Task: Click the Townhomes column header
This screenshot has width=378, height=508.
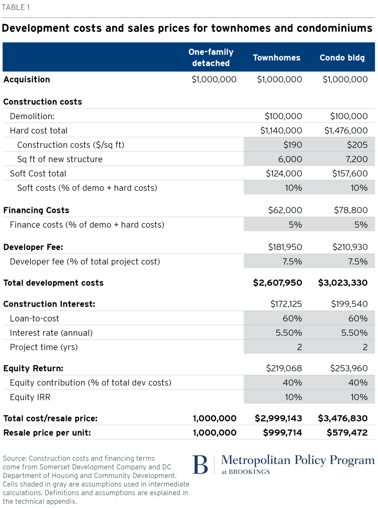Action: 277,57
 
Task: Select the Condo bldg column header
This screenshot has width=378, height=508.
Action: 342,57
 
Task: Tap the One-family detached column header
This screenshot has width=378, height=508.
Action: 211,57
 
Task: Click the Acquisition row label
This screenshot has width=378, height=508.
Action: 27,80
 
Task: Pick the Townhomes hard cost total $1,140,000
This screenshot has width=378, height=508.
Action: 281,131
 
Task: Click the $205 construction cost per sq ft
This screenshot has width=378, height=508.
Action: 357,145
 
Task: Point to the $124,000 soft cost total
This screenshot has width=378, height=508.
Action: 284,173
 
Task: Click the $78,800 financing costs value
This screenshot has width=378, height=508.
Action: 351,210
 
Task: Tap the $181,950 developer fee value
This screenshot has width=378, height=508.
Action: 285,247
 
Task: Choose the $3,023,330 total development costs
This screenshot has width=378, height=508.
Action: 343,283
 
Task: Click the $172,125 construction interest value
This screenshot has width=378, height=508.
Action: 286,304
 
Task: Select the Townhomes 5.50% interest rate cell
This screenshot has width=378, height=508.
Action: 289,333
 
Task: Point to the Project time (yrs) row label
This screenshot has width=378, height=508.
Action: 44,347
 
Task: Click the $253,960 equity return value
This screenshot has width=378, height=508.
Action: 349,368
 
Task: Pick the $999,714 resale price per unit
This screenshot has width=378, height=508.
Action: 283,433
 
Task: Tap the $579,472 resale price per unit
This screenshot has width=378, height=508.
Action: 347,433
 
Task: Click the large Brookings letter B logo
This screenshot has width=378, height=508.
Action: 200,465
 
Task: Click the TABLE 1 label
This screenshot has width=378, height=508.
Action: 16,7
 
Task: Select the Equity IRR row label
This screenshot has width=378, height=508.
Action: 30,397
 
